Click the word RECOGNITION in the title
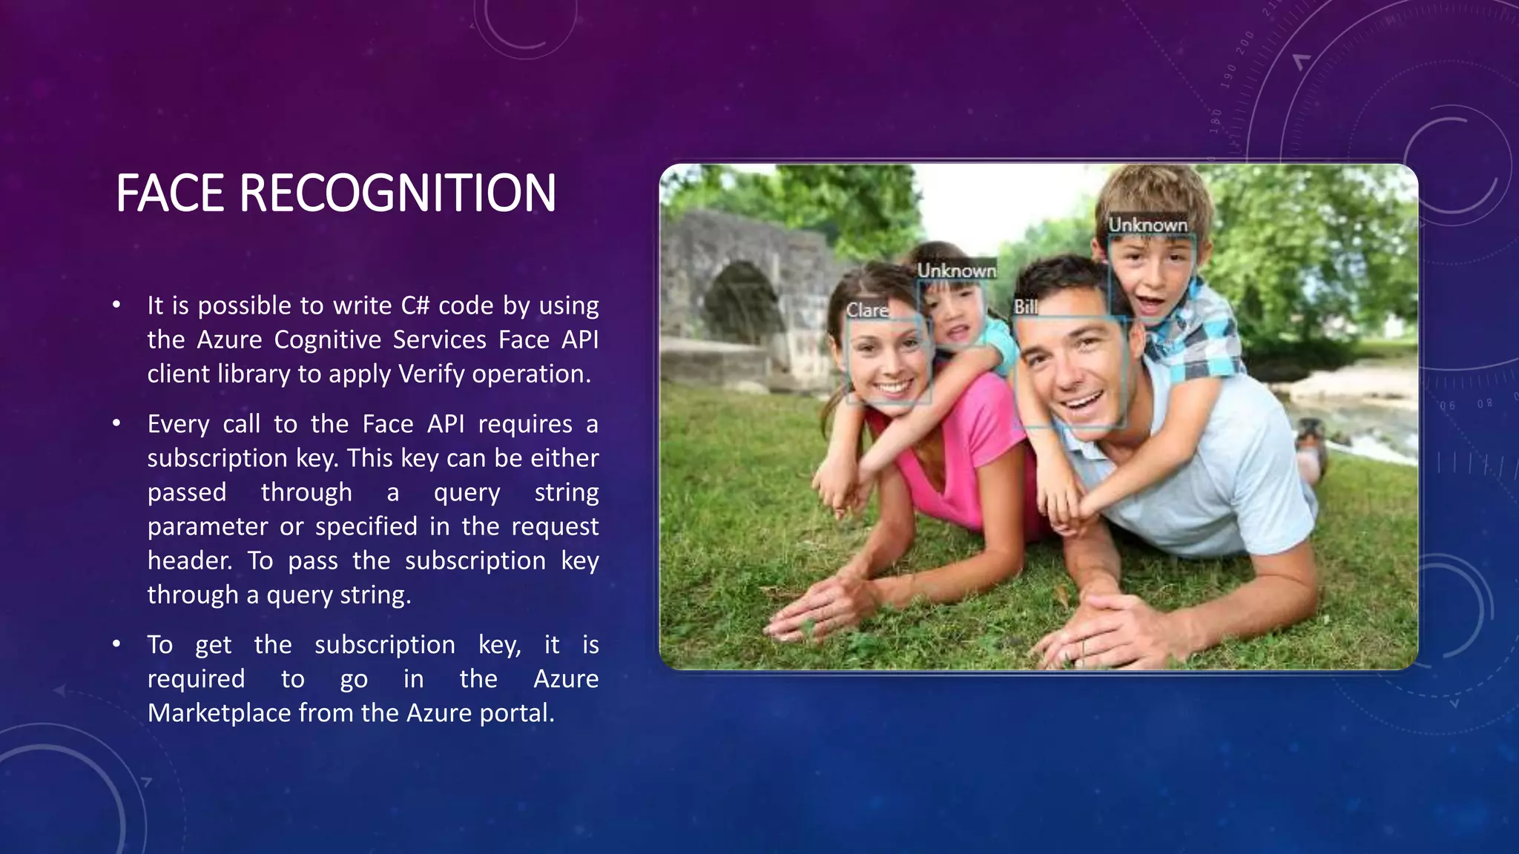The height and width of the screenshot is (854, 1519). [398, 193]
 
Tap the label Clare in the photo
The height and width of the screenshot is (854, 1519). [867, 310]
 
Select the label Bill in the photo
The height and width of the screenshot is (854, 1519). [1026, 307]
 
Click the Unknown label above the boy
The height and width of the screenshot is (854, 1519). [1147, 225]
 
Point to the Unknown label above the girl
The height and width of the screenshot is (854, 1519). [956, 271]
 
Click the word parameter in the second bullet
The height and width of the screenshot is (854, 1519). [208, 527]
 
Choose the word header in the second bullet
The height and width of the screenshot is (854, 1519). [189, 561]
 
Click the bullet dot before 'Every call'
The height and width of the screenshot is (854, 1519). [116, 423]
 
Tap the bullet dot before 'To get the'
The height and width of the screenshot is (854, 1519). [116, 644]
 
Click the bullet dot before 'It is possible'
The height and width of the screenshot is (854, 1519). [116, 305]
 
